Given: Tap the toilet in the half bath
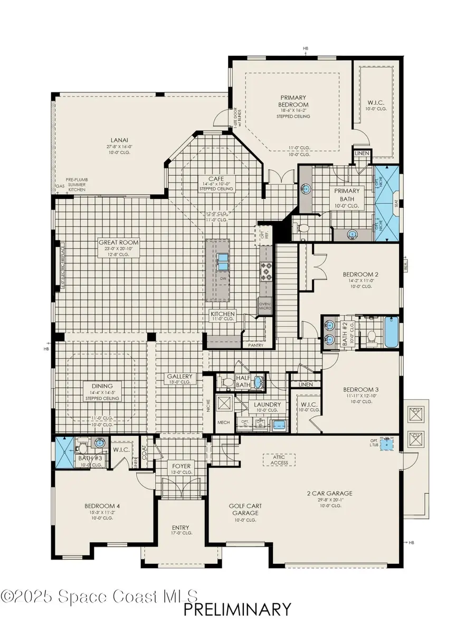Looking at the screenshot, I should click(226, 382).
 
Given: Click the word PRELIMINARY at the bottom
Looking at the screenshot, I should click(237, 610).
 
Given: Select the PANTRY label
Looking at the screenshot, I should click(255, 345).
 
